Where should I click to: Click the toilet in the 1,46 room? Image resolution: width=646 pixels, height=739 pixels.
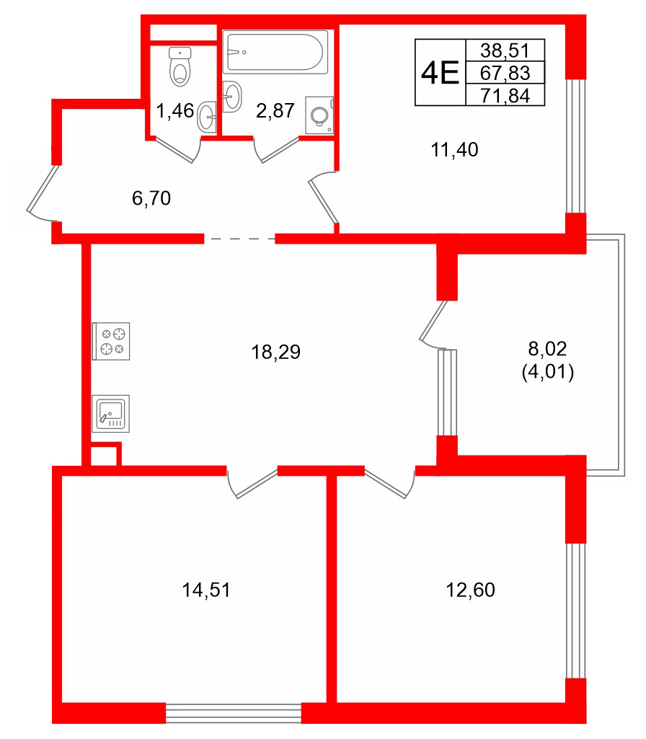180,66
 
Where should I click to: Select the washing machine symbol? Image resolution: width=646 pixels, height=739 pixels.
319,115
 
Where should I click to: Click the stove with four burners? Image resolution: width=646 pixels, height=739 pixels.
112,341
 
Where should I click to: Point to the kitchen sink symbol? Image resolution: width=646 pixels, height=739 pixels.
110,414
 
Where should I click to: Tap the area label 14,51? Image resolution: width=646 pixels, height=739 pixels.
206,590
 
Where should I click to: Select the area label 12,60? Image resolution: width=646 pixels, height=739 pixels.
472,590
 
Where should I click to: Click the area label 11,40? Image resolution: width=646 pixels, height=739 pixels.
455,150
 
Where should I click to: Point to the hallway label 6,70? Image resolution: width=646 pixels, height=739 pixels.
151,199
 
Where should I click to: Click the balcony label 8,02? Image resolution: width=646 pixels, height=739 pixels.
548,350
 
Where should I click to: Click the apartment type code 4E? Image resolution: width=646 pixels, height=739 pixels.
440,73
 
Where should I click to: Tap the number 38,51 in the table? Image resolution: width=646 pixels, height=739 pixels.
505,50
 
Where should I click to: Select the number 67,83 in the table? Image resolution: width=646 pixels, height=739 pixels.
505,73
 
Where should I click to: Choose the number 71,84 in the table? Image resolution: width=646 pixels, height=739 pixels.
505,95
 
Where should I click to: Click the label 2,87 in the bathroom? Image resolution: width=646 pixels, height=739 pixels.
276,111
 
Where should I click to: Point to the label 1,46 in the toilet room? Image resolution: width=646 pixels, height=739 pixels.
175,111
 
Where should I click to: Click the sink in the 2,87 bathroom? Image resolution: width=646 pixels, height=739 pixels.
232,97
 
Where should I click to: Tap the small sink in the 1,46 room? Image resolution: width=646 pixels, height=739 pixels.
207,116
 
